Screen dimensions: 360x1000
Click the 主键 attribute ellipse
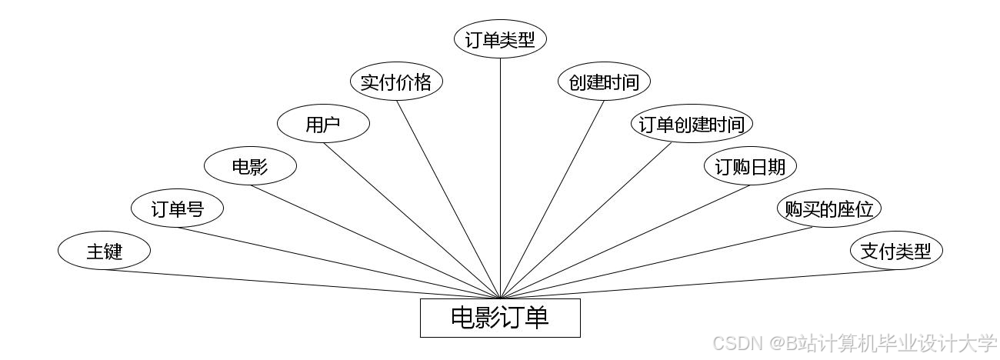pos(104,251)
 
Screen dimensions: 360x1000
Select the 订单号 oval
pos(177,208)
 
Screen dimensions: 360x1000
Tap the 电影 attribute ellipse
pos(250,166)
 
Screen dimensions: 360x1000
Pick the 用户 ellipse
pos(323,124)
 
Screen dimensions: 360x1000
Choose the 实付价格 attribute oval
pos(396,82)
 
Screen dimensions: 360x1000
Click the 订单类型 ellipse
pos(500,40)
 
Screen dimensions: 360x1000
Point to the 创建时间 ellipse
pos(604,82)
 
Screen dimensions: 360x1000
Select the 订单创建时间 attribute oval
pos(692,124)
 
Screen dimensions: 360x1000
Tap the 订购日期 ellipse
pos(750,166)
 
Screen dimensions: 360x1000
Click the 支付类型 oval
pos(895,251)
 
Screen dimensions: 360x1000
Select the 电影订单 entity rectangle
pos(500,318)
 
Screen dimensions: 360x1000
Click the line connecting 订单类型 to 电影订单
pos(500,177)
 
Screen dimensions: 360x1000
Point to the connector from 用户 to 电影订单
pos(412,220)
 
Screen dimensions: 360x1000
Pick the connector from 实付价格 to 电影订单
pos(448,199)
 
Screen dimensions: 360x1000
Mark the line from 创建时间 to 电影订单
pos(552,199)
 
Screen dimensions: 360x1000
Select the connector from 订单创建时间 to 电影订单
pos(586,220)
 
